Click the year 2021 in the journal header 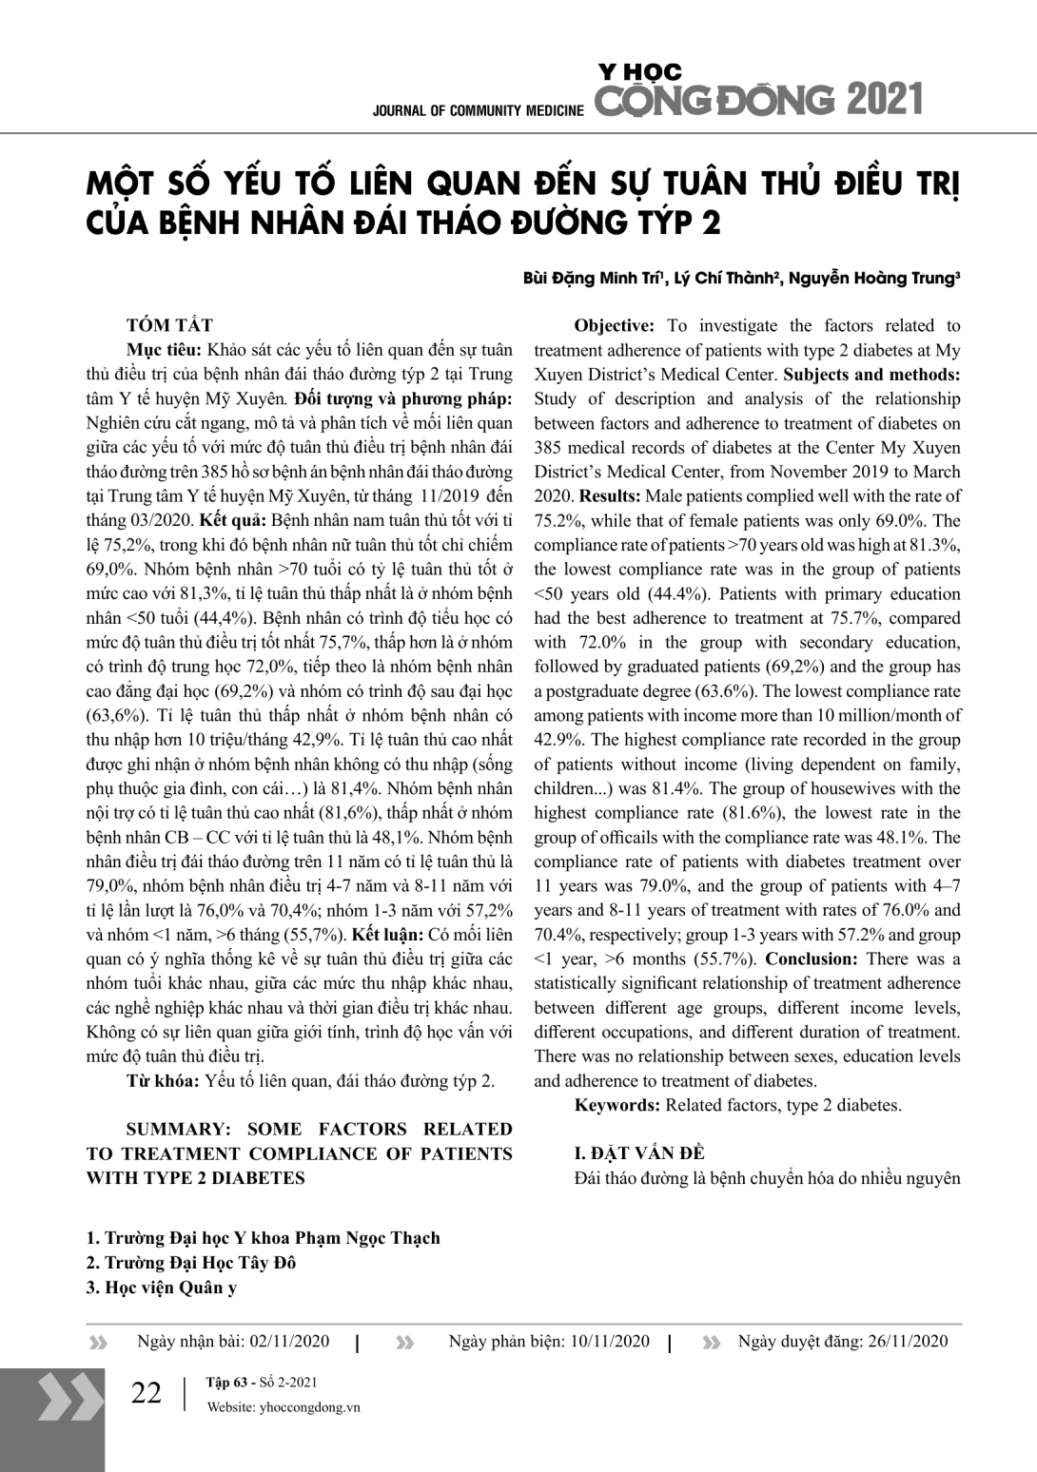(x=884, y=99)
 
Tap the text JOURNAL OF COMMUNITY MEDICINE (x=478, y=110)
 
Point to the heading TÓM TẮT (x=169, y=325)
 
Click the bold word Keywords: (x=616, y=1105)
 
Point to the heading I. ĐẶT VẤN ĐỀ (x=639, y=1153)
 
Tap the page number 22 (x=147, y=1393)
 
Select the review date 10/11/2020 (x=610, y=1342)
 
